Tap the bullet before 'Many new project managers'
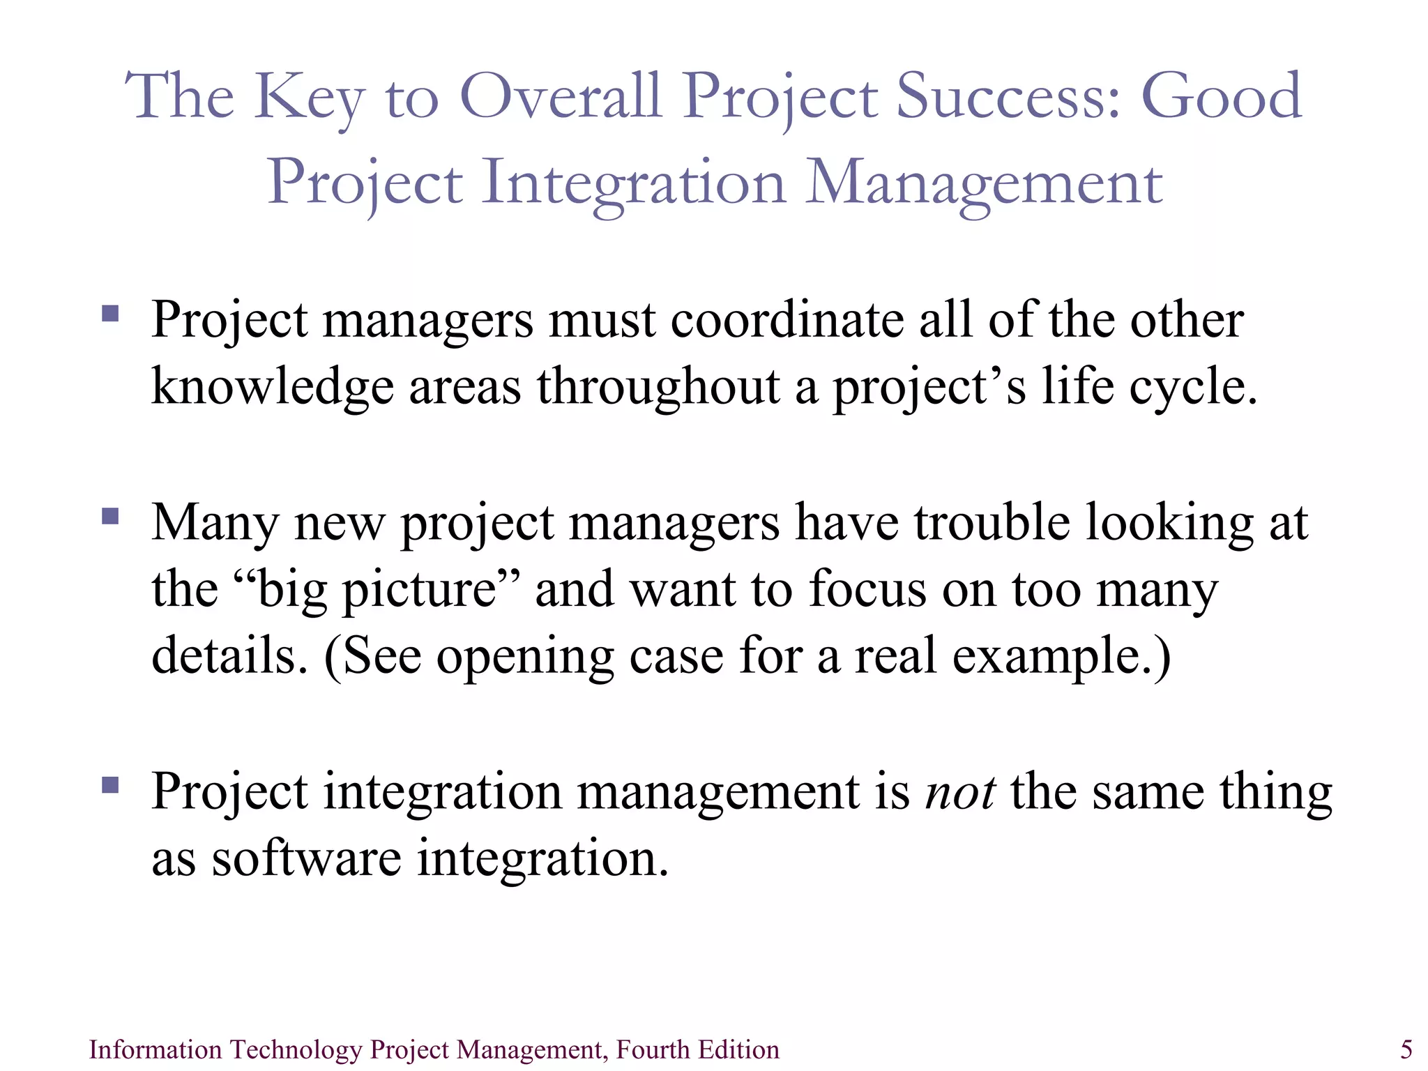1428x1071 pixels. coord(110,516)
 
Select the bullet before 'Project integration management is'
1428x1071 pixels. coord(110,785)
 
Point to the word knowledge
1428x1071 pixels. coord(273,387)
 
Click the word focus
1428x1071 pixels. coord(867,589)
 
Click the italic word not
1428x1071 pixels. coord(959,792)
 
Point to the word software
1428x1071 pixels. coord(306,858)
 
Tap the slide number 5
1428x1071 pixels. coord(1406,1049)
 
